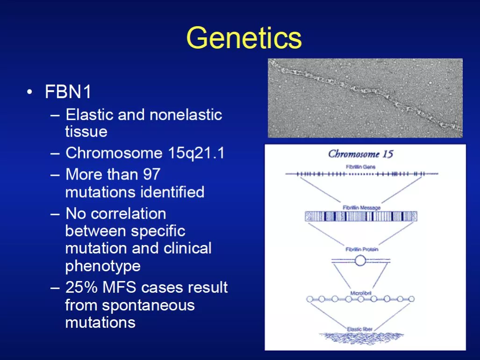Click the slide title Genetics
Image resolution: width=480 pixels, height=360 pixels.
tap(244, 38)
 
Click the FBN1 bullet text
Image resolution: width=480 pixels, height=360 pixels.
tap(68, 92)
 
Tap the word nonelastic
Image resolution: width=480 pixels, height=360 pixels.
tap(186, 115)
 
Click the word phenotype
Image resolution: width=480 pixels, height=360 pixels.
tap(103, 266)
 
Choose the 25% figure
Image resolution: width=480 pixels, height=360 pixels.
tap(82, 287)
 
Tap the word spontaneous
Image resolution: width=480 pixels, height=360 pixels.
tap(148, 305)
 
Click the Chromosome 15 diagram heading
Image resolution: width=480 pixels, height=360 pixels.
tap(361, 154)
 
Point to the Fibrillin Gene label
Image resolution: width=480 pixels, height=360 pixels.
tap(361, 167)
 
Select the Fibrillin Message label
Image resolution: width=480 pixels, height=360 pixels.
tap(362, 208)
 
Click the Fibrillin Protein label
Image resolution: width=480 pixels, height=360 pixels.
tap(362, 249)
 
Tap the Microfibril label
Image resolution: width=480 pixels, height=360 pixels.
tap(361, 293)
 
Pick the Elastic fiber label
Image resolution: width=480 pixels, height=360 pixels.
tap(360, 329)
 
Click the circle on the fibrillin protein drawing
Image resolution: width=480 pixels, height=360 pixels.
tap(360, 261)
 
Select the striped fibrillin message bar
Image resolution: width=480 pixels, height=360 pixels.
tap(361, 216)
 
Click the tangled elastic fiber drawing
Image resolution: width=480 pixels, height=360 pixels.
tap(361, 338)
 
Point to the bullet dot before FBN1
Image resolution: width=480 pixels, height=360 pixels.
tap(29, 92)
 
